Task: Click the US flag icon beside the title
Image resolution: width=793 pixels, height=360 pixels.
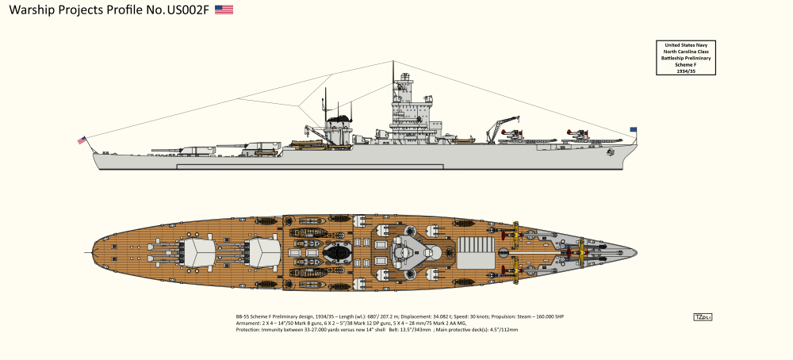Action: coord(224,10)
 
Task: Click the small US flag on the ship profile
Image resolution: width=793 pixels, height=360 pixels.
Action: coord(81,140)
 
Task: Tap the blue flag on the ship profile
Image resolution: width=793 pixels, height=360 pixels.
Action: coord(633,129)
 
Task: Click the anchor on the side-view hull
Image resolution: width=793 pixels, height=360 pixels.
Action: coord(610,155)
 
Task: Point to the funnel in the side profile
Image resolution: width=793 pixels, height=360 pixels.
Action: coord(339,127)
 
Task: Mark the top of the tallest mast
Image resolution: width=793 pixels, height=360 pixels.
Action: coord(394,62)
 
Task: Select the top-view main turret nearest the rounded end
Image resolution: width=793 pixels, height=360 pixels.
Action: coord(200,252)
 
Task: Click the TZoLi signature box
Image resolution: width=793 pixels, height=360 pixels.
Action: coord(703,317)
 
